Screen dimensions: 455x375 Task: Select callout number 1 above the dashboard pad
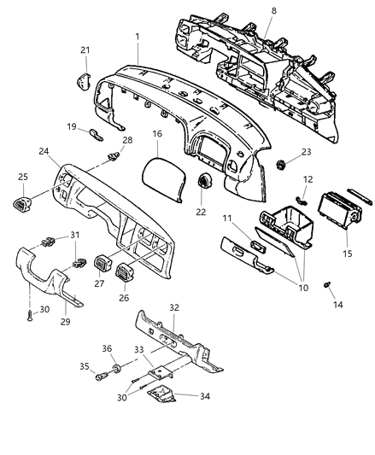click(x=138, y=38)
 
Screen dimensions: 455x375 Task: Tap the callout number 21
click(x=85, y=51)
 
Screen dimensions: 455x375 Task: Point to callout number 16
click(x=156, y=135)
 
